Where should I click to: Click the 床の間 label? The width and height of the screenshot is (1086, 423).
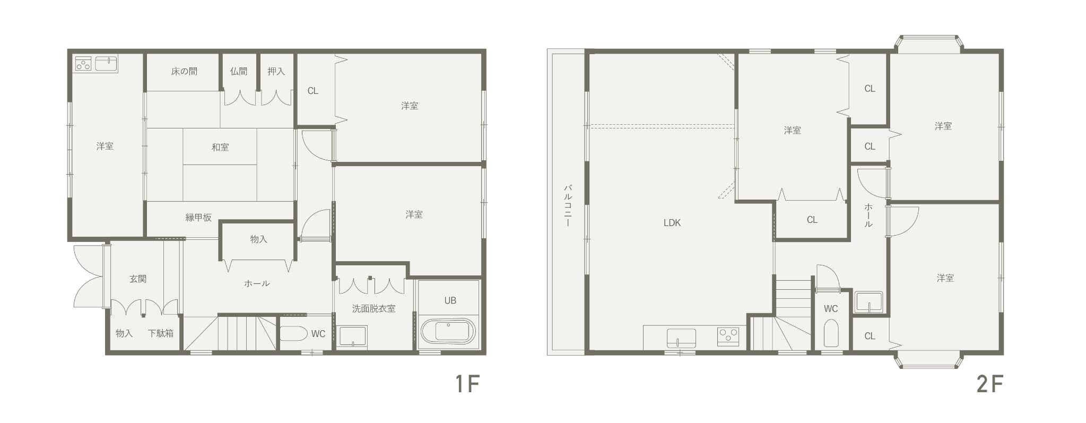[x=184, y=71]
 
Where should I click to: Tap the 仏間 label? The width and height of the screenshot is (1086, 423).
[x=239, y=71]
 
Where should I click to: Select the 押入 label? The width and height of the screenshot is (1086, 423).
[x=276, y=71]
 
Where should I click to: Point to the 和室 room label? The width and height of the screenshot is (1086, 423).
[x=220, y=147]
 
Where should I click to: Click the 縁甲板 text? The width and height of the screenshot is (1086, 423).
[x=198, y=217]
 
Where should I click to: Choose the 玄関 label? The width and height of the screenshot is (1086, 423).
[x=138, y=279]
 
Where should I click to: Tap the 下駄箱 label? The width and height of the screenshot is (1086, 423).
[x=160, y=333]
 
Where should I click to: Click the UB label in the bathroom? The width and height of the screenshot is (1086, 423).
[x=450, y=300]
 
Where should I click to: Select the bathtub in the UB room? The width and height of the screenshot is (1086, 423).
[x=448, y=332]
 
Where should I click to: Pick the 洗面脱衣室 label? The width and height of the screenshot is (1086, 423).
[x=373, y=308]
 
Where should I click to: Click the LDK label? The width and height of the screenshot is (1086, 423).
[x=672, y=223]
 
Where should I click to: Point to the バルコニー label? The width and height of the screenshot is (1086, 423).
[x=567, y=206]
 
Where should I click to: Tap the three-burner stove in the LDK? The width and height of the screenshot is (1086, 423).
[x=728, y=336]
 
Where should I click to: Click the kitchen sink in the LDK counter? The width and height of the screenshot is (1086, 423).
[x=681, y=338]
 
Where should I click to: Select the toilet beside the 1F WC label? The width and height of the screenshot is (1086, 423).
[x=293, y=333]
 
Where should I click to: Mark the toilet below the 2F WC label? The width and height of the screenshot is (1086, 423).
[x=831, y=333]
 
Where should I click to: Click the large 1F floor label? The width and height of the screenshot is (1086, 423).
[x=467, y=384]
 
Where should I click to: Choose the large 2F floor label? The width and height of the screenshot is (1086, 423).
[x=990, y=384]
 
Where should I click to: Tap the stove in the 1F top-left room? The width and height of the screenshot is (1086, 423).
[x=83, y=64]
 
